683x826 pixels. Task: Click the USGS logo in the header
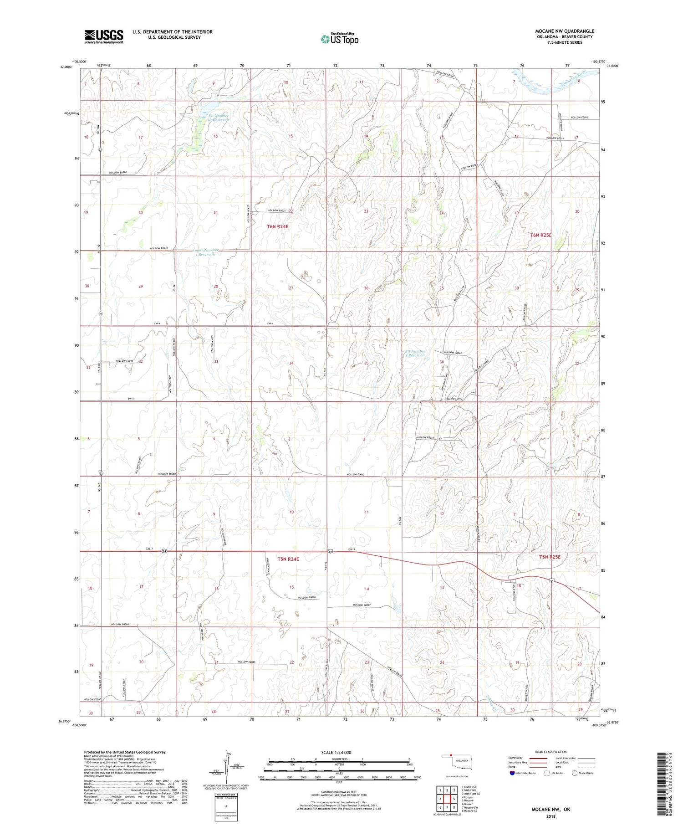(104, 36)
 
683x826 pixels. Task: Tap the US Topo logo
(339, 39)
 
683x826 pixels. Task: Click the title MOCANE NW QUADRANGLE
(564, 31)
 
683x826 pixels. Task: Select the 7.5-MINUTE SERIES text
(565, 42)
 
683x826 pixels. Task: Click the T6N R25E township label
(540, 235)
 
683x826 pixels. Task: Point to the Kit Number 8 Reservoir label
(415, 353)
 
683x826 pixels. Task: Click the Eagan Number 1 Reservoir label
(205, 252)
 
